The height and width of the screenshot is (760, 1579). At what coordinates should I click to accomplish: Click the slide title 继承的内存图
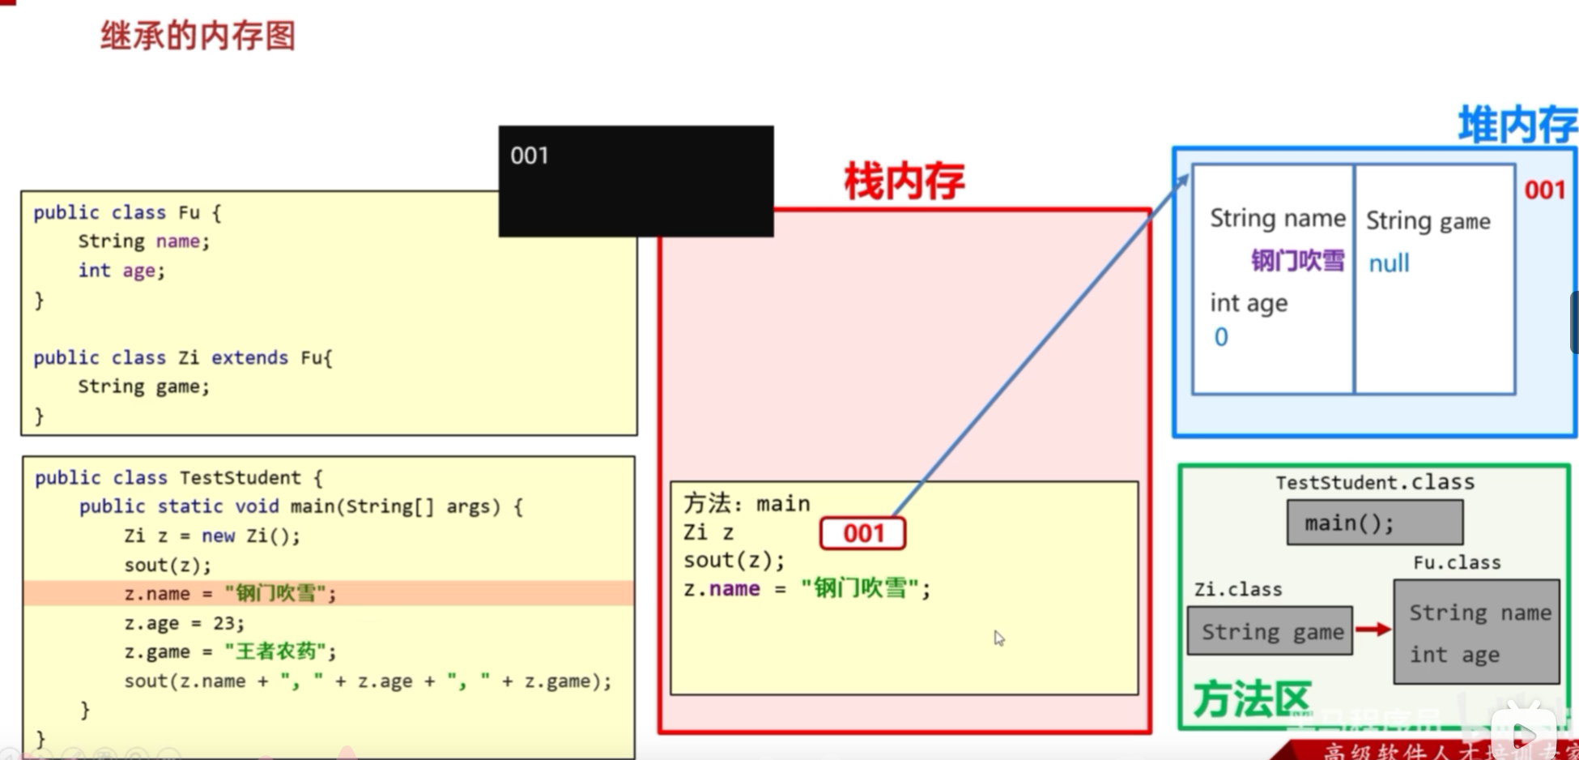click(x=198, y=36)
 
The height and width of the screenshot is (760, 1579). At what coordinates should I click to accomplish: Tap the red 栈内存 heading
click(x=904, y=181)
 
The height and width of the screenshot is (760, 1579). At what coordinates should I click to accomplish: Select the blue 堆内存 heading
click(x=1517, y=126)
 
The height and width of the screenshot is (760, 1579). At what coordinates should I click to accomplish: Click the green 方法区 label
click(x=1251, y=699)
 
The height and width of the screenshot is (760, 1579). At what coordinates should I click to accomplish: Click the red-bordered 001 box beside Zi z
click(x=862, y=534)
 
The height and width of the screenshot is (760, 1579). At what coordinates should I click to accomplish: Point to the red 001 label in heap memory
click(x=1544, y=190)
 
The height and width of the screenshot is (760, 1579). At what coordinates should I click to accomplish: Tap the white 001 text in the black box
click(x=530, y=156)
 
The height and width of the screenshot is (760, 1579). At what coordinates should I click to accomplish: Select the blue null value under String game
click(x=1389, y=263)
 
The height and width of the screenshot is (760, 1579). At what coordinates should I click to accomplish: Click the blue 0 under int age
click(x=1221, y=337)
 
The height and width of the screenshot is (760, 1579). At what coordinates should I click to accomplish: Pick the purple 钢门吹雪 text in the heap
click(x=1297, y=261)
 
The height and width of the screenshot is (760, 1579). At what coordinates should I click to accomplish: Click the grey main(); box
click(x=1374, y=523)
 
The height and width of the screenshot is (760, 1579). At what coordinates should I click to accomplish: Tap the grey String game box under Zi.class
click(x=1270, y=631)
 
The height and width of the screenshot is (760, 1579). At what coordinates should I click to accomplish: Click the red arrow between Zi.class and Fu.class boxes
click(x=1373, y=630)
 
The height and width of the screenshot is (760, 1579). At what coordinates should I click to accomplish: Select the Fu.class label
click(x=1457, y=563)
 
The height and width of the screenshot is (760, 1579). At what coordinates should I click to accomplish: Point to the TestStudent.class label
click(x=1374, y=483)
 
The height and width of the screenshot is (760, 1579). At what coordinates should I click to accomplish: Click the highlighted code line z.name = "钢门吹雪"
click(x=230, y=594)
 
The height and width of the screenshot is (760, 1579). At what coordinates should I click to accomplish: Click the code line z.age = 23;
click(x=184, y=623)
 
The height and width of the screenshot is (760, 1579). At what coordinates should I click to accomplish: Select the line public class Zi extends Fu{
click(x=183, y=358)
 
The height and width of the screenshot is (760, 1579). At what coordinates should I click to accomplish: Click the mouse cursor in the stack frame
click(x=999, y=638)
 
